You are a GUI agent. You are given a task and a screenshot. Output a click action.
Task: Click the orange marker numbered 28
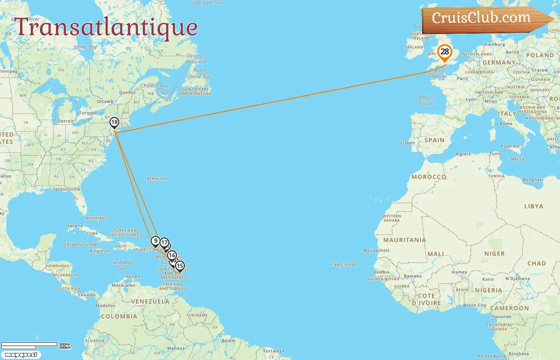[444, 52]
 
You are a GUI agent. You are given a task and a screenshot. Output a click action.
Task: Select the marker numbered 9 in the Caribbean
[156, 241]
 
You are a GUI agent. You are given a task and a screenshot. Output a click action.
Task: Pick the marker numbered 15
[180, 266]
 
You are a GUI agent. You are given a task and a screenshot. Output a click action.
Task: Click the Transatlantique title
[106, 27]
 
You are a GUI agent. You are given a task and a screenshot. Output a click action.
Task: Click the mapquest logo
[21, 354]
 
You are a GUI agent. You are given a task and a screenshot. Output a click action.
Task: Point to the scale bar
[30, 345]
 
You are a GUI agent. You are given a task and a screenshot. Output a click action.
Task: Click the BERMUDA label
[157, 179]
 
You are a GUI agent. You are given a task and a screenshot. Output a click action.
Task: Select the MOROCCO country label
[428, 177]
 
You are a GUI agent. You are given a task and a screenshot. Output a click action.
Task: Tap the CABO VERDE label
[344, 265]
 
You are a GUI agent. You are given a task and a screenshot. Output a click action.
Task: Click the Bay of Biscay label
[426, 100]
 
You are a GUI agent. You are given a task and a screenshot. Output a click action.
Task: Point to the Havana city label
[74, 226]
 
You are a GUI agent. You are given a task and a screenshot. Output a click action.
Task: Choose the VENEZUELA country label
[150, 302]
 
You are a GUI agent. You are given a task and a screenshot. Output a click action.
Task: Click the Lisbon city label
[408, 143]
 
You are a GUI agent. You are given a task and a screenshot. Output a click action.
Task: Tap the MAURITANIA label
[404, 240]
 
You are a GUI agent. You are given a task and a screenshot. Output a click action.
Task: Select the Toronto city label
[88, 113]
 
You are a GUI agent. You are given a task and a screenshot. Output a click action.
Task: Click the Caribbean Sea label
[122, 266]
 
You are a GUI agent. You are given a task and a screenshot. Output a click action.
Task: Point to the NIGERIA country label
[488, 290]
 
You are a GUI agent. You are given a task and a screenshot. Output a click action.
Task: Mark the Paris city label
[462, 79]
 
